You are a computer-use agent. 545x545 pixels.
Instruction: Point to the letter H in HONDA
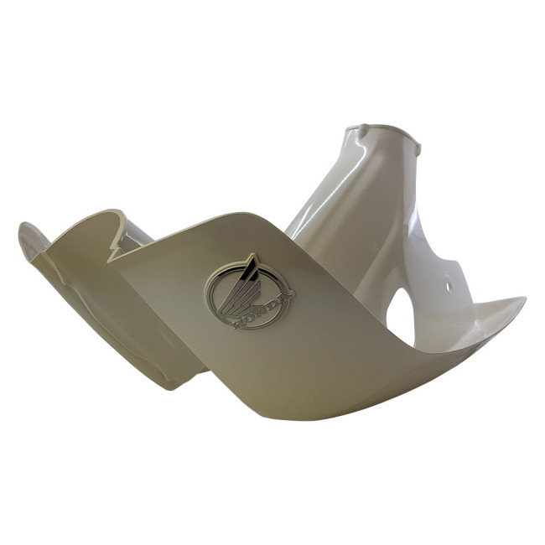tap(236, 324)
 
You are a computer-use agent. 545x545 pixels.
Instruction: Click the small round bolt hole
tap(448, 288)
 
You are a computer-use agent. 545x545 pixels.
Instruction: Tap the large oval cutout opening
tap(402, 316)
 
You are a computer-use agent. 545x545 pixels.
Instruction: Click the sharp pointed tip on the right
tap(524, 298)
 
